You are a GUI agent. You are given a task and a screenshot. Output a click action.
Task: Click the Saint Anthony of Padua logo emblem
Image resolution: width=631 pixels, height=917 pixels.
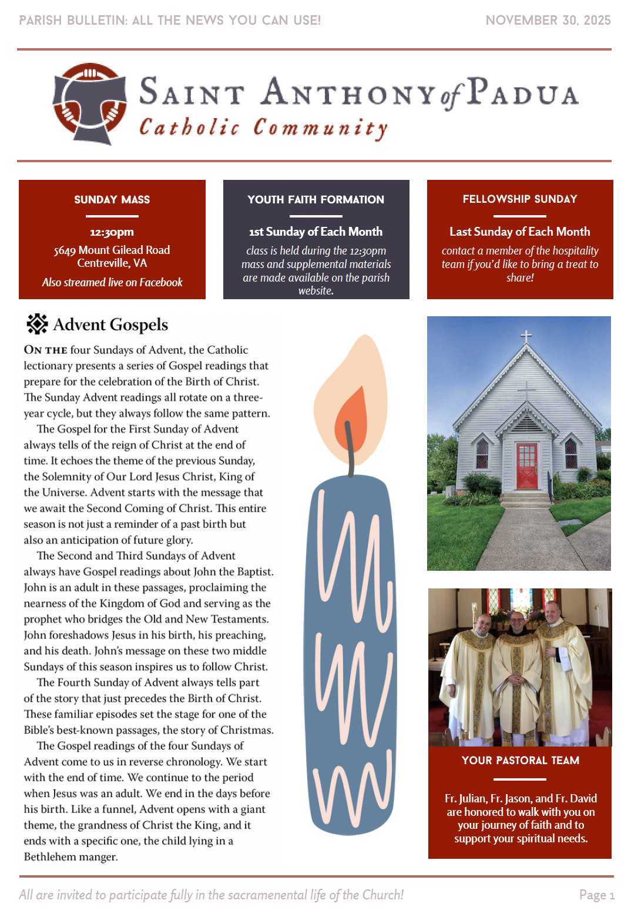click(x=90, y=104)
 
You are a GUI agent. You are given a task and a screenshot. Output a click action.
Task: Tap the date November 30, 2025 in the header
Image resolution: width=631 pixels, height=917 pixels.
click(x=548, y=20)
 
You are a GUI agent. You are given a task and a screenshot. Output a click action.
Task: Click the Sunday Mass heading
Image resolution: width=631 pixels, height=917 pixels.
click(x=112, y=200)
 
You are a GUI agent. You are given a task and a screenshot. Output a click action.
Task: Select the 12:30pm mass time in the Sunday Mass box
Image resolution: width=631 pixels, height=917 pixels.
click(x=112, y=232)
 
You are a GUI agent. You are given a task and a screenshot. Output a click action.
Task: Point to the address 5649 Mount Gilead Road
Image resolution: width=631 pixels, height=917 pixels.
click(x=112, y=250)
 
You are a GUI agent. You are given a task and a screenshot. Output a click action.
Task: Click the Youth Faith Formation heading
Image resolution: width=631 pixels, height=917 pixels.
click(x=315, y=200)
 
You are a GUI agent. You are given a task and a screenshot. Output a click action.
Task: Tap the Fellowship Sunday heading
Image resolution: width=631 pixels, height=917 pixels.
click(x=519, y=199)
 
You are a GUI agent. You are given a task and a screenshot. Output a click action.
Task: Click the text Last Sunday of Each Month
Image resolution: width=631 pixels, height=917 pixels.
click(x=519, y=232)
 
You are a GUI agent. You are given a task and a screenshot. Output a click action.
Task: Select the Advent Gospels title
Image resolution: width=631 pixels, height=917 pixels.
click(x=110, y=324)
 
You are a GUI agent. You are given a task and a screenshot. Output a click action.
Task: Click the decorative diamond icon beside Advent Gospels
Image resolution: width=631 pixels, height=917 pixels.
click(x=37, y=324)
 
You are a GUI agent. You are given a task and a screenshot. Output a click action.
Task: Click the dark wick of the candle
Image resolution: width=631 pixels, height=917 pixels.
click(x=350, y=450)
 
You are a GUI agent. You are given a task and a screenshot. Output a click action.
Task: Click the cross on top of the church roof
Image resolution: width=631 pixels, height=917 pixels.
click(x=526, y=337)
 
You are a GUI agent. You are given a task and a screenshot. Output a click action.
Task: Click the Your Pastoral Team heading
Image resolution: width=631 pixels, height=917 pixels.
click(x=520, y=760)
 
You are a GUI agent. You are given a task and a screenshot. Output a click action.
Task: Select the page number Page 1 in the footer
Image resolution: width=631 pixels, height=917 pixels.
click(x=596, y=895)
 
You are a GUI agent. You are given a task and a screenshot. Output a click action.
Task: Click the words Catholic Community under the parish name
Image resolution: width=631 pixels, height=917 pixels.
click(x=263, y=128)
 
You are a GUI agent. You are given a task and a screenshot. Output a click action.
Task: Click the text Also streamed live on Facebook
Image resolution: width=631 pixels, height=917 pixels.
click(x=112, y=282)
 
